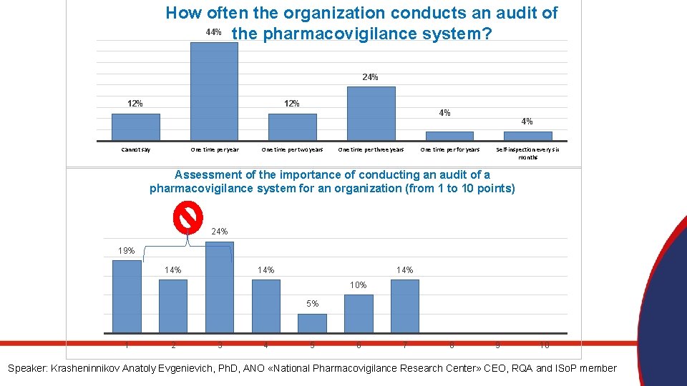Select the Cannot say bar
click(136, 127)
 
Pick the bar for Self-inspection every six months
click(528, 135)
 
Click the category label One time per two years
click(292, 149)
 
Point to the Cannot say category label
click(136, 149)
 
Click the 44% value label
click(213, 32)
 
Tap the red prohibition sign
click(187, 217)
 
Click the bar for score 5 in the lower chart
click(312, 323)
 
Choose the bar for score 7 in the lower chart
click(405, 306)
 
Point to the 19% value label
click(127, 251)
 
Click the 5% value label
click(313, 304)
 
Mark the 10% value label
click(359, 285)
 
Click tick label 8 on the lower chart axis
click(452, 346)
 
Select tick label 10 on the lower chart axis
click(545, 346)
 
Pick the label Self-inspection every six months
click(528, 153)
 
